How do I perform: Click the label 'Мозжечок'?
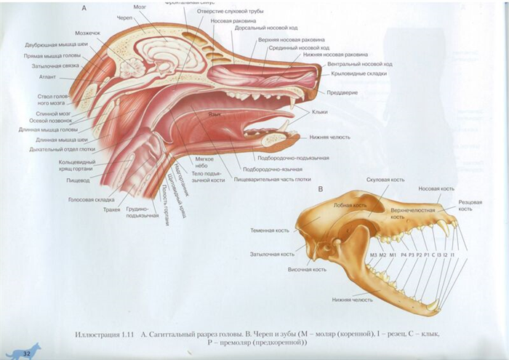click(x=89, y=33)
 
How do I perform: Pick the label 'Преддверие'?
click(x=342, y=92)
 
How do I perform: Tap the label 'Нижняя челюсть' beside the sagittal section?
click(x=329, y=137)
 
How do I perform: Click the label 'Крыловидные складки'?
click(x=357, y=73)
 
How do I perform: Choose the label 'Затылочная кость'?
click(x=272, y=254)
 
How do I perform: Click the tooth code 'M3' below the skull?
click(x=374, y=255)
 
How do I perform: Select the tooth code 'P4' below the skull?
click(x=404, y=255)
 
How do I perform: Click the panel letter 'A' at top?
click(x=84, y=9)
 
